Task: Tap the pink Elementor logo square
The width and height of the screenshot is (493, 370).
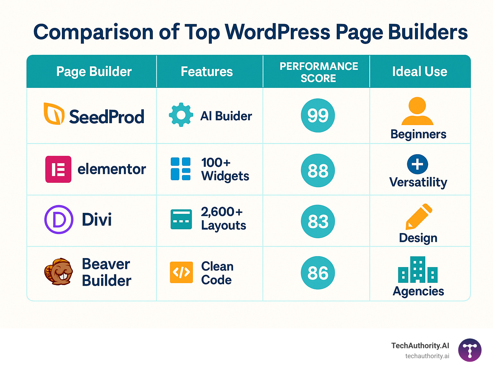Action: (x=58, y=169)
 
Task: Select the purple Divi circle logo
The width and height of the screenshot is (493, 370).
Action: (x=59, y=220)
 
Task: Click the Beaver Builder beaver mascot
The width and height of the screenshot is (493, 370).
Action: (x=58, y=272)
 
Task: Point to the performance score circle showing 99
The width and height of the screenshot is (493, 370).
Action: (x=318, y=115)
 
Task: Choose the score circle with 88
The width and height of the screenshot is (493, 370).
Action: (x=318, y=171)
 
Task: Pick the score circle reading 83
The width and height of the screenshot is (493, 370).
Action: (x=318, y=221)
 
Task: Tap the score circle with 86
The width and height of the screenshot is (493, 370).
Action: (x=318, y=273)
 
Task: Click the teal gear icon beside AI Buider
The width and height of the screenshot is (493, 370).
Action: (x=181, y=115)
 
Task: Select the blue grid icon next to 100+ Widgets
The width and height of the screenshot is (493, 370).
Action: (x=180, y=169)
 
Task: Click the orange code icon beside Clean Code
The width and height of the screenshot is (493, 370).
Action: (x=181, y=273)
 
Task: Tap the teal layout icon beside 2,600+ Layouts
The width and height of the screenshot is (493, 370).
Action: (x=181, y=219)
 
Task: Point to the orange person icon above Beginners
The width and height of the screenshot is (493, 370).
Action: (x=417, y=111)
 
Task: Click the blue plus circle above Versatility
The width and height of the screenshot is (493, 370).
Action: (x=417, y=164)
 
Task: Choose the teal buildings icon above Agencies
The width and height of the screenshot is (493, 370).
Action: (x=418, y=270)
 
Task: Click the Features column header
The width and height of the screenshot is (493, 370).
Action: (x=207, y=71)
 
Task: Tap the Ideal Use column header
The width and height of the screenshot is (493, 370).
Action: (x=419, y=71)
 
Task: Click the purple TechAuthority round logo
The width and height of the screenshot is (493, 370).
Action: (x=470, y=350)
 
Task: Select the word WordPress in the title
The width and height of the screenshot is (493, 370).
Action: (x=278, y=32)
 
